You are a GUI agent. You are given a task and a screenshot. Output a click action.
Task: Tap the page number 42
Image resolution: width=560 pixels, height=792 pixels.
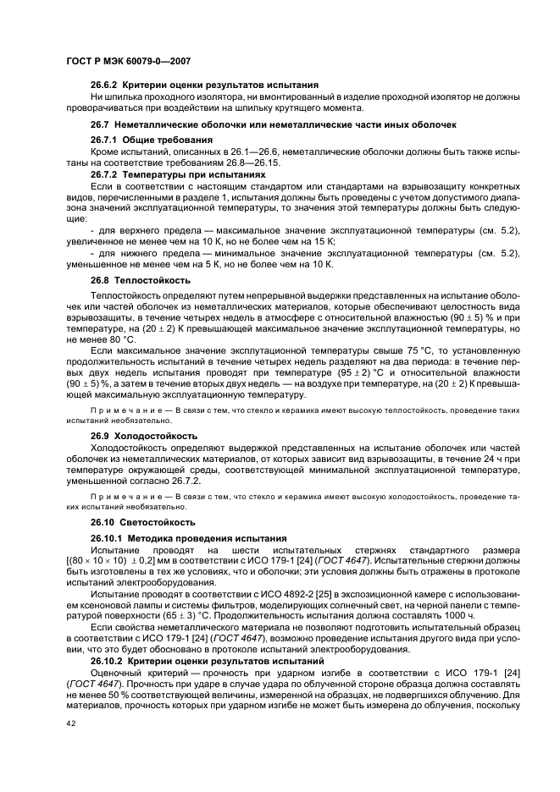pos(71,724)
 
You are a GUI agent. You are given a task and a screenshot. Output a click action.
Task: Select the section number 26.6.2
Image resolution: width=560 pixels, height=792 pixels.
pos(104,85)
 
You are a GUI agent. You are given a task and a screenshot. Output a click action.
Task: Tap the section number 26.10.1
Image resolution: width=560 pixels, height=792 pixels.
pos(107,538)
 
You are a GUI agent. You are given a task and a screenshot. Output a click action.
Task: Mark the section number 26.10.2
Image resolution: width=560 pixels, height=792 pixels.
pos(107,660)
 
